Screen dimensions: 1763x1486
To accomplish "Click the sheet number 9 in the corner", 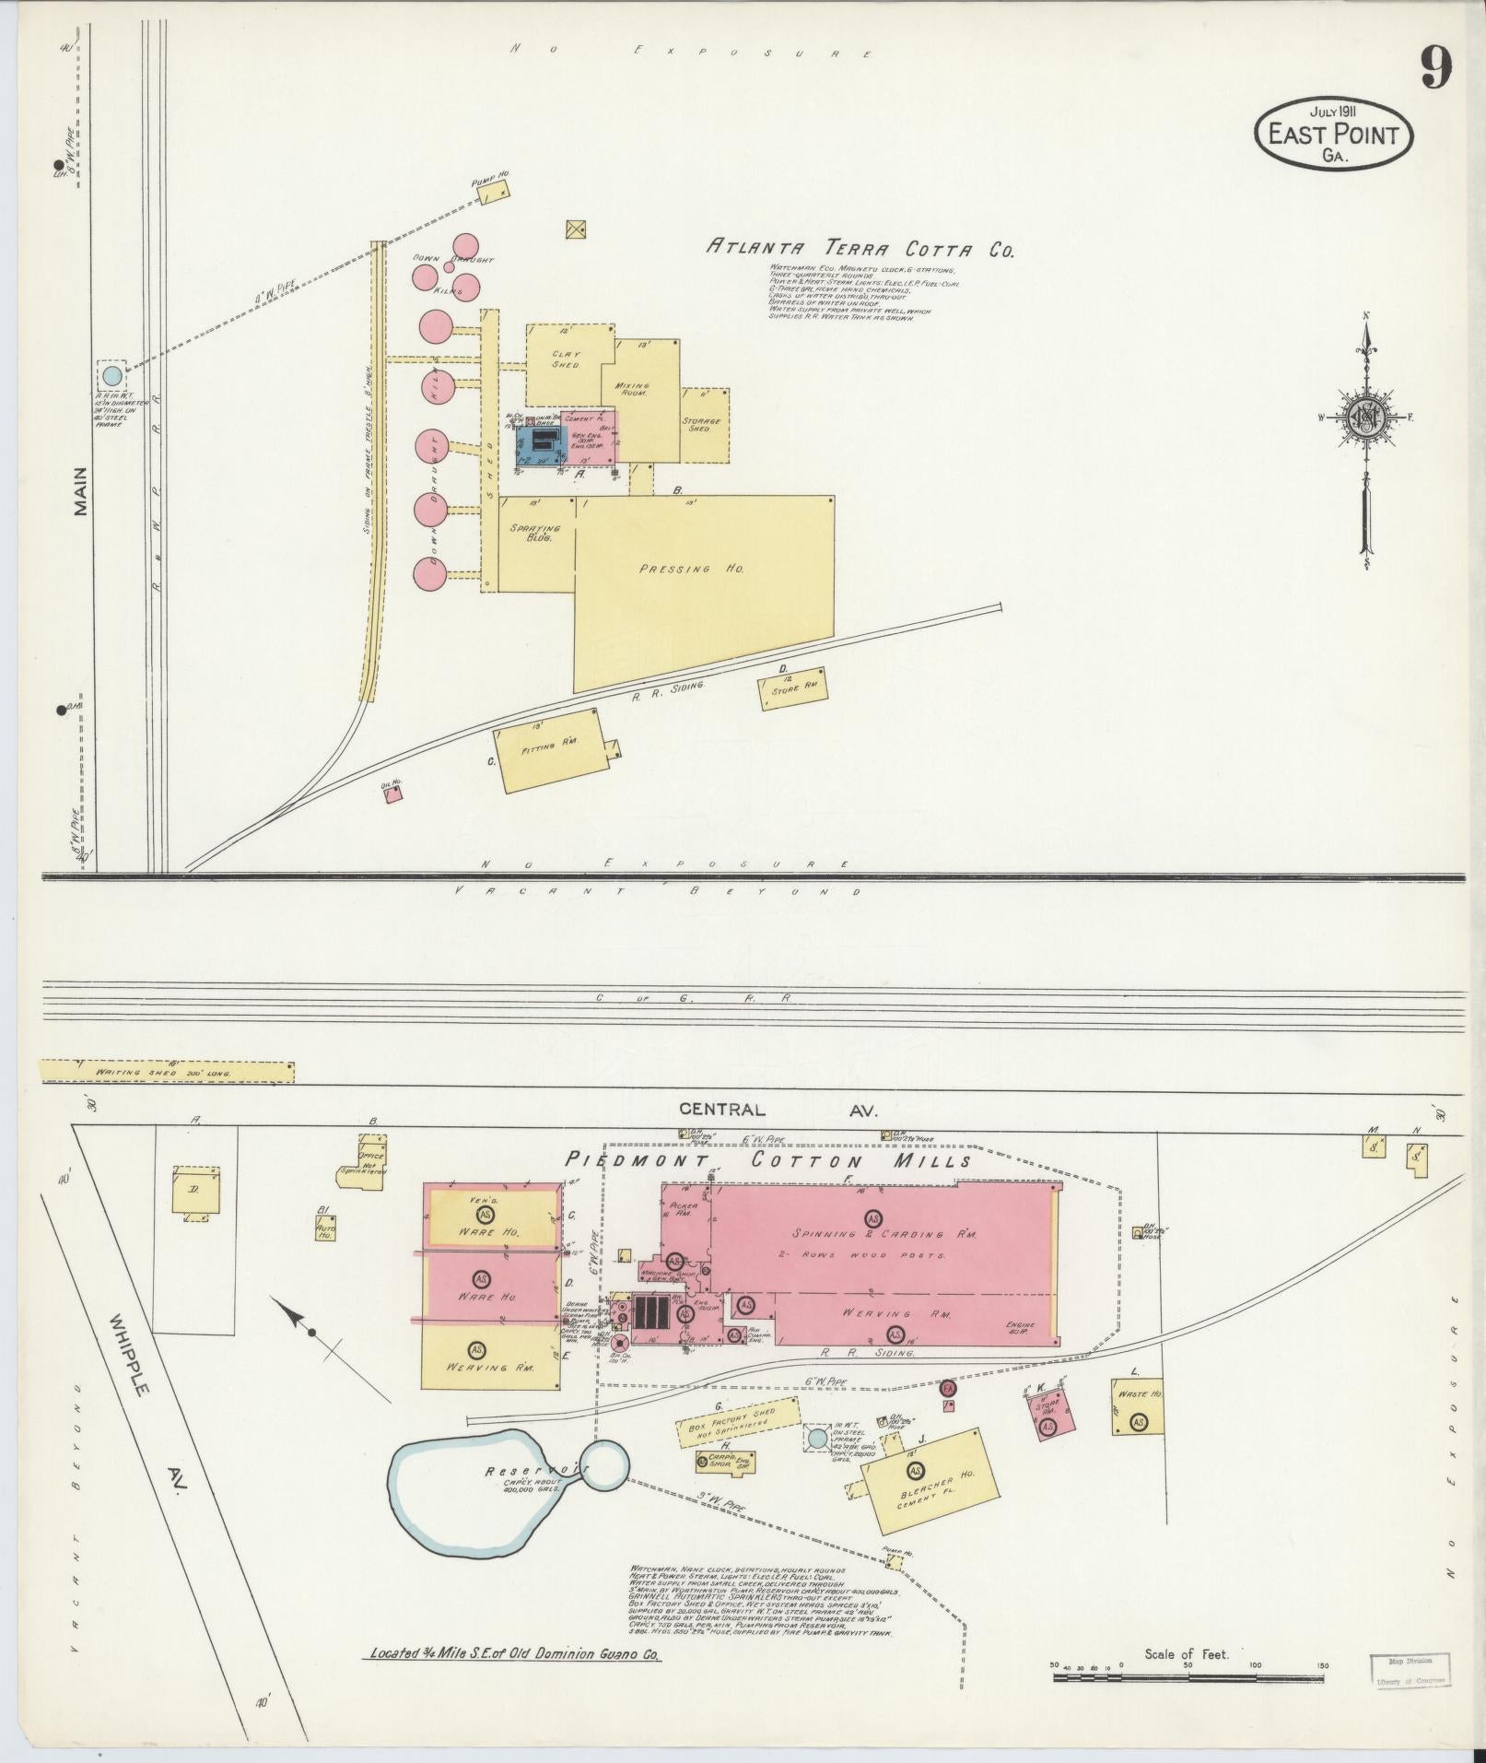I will pyautogui.click(x=1434, y=68).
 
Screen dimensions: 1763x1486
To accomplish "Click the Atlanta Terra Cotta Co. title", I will pyautogui.click(x=860, y=248).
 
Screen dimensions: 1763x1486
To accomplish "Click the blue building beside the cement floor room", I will pyautogui.click(x=539, y=444).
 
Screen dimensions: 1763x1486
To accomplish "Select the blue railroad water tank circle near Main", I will pyautogui.click(x=111, y=375).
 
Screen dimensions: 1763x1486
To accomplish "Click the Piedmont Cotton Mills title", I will pyautogui.click(x=768, y=1161).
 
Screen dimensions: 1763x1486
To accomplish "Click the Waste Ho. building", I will pyautogui.click(x=1137, y=1430).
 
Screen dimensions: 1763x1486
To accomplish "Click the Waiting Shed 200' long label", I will pyautogui.click(x=167, y=1073).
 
